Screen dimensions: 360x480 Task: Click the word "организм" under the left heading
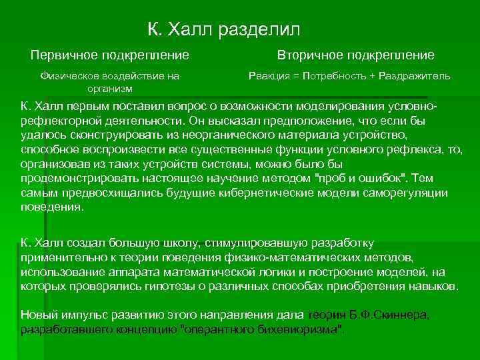(110, 88)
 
